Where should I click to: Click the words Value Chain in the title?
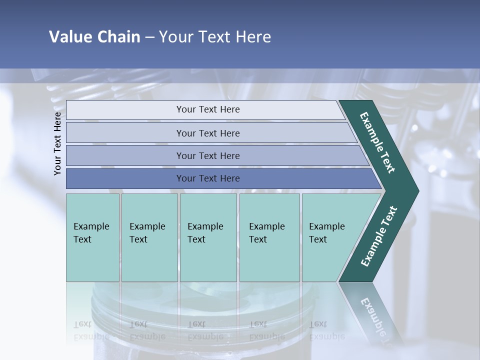point(94,37)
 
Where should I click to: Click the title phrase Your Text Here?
point(215,37)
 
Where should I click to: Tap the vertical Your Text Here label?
point(57,143)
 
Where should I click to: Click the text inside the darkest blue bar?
point(208,178)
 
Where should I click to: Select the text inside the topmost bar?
point(208,109)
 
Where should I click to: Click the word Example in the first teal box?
point(91,226)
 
